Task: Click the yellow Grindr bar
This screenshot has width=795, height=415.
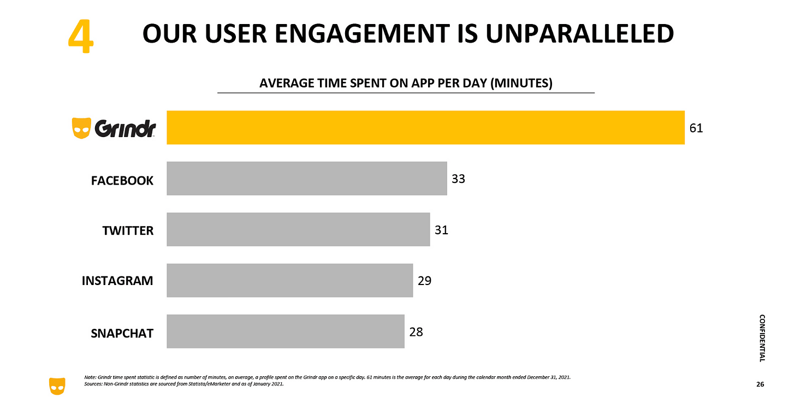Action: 425,128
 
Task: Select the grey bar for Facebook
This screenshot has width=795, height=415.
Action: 306,179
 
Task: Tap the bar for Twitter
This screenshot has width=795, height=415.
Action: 298,229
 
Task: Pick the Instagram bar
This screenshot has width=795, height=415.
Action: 289,280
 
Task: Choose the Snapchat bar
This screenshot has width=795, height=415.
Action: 285,331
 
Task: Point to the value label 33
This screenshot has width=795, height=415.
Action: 459,179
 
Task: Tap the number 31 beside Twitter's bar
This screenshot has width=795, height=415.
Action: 441,230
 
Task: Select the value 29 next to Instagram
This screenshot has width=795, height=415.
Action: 424,281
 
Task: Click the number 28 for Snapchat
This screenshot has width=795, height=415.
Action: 416,331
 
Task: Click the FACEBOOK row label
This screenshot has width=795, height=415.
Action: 122,180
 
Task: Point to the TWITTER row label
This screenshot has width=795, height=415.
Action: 128,231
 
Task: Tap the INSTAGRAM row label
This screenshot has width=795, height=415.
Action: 117,281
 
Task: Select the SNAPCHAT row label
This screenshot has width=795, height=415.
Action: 122,333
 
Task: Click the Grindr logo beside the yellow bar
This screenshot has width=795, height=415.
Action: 114,129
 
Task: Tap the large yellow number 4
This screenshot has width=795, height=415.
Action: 80,37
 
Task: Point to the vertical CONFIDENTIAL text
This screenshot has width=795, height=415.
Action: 762,337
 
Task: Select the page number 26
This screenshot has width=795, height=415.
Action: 760,385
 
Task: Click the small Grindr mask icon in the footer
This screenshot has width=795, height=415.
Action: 57,386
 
